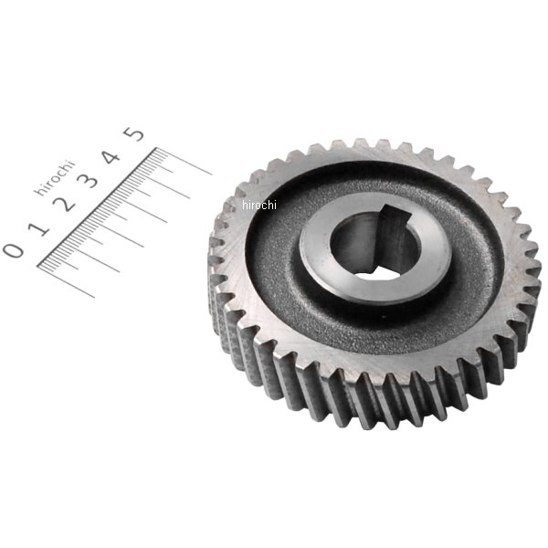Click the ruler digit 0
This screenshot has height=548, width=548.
(14, 250)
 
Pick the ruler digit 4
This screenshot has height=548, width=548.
(111, 157)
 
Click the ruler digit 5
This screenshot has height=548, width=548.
(133, 134)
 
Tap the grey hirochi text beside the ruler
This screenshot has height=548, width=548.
(54, 177)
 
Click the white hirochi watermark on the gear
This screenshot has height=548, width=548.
(259, 205)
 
